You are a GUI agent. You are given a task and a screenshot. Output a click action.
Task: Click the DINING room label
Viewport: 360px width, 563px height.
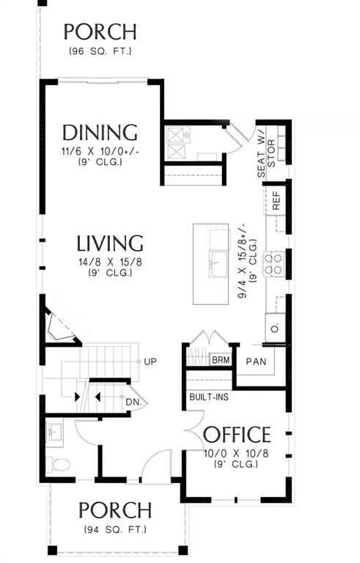[100, 133]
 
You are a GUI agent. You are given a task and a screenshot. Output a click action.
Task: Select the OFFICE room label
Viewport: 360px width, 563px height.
[236, 434]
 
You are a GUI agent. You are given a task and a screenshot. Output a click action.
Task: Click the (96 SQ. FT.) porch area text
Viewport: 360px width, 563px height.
[100, 51]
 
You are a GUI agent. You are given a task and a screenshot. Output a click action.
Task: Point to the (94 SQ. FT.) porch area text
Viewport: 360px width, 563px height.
[117, 529]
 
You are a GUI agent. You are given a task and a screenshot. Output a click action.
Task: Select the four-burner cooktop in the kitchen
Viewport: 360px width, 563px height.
[276, 263]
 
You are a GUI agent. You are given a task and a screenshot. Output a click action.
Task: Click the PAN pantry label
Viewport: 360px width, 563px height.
[256, 361]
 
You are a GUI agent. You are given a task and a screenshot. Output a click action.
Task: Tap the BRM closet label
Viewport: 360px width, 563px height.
[219, 361]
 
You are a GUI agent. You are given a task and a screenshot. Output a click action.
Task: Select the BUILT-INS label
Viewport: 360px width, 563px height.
[207, 396]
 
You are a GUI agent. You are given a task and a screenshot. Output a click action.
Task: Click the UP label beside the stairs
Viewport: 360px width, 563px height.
[151, 362]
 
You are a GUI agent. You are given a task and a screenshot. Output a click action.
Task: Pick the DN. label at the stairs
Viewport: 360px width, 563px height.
[133, 402]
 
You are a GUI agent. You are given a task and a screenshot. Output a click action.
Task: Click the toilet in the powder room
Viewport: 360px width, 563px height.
[58, 465]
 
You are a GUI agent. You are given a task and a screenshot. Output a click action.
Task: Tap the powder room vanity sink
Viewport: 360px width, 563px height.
[56, 433]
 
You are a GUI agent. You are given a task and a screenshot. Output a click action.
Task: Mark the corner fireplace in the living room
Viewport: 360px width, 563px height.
[59, 326]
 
